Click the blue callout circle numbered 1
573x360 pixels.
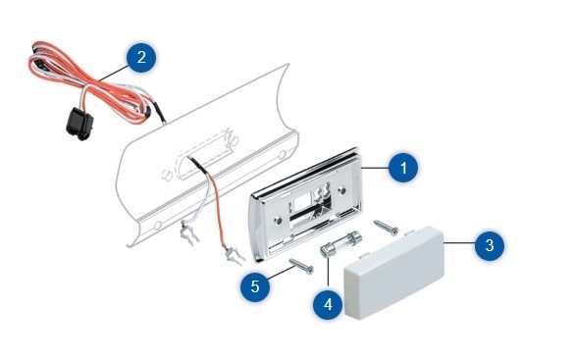tap(403, 168)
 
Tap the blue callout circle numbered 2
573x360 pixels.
tap(141, 57)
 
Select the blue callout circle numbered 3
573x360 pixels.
tap(490, 245)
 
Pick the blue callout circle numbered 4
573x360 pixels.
tap(328, 304)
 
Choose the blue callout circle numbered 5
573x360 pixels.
tap(255, 286)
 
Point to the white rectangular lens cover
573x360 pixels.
tap(394, 273)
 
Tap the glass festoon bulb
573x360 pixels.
tap(340, 243)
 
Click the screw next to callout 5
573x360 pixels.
tap(301, 266)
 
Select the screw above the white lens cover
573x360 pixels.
tap(386, 227)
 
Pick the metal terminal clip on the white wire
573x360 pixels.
tap(189, 233)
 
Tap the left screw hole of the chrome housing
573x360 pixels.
tap(278, 221)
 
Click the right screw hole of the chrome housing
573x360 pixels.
tap(342, 190)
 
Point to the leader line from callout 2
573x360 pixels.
tap(114, 73)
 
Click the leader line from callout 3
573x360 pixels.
tap(459, 242)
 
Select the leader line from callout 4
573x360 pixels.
tap(328, 272)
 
